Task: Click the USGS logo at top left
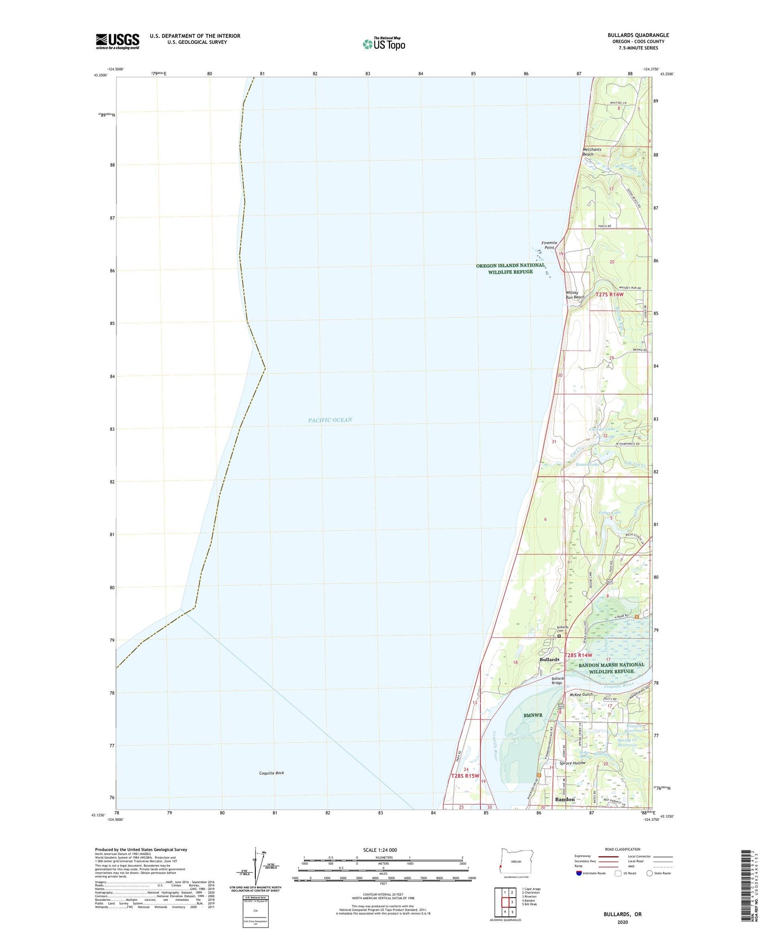[118, 41]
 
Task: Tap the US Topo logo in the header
[384, 44]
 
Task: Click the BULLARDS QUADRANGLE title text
[638, 35]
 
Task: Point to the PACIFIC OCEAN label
[330, 420]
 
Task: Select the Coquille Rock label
[271, 773]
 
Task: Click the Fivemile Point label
[549, 245]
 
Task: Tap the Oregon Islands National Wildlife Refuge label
[510, 268]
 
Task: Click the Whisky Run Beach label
[575, 294]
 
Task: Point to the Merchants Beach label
[591, 152]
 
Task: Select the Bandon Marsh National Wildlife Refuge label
[612, 668]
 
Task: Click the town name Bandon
[565, 799]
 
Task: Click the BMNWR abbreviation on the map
[533, 715]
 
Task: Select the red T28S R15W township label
[465, 776]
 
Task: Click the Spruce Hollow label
[572, 763]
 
